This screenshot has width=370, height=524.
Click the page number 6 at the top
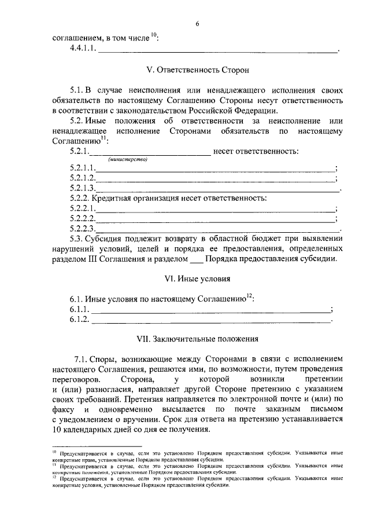(x=197, y=24)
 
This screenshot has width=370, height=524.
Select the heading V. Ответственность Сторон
(x=197, y=69)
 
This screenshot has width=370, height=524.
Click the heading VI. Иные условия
(x=198, y=279)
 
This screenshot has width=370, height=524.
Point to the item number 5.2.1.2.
(x=82, y=178)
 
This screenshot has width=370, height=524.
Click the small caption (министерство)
(x=128, y=160)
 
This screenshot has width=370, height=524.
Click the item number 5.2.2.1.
(x=82, y=208)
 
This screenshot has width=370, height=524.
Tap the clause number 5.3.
(x=76, y=239)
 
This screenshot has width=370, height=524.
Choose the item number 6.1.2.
(x=79, y=320)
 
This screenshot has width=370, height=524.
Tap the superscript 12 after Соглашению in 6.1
(x=249, y=296)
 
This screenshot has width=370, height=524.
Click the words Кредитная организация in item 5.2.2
(x=131, y=198)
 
